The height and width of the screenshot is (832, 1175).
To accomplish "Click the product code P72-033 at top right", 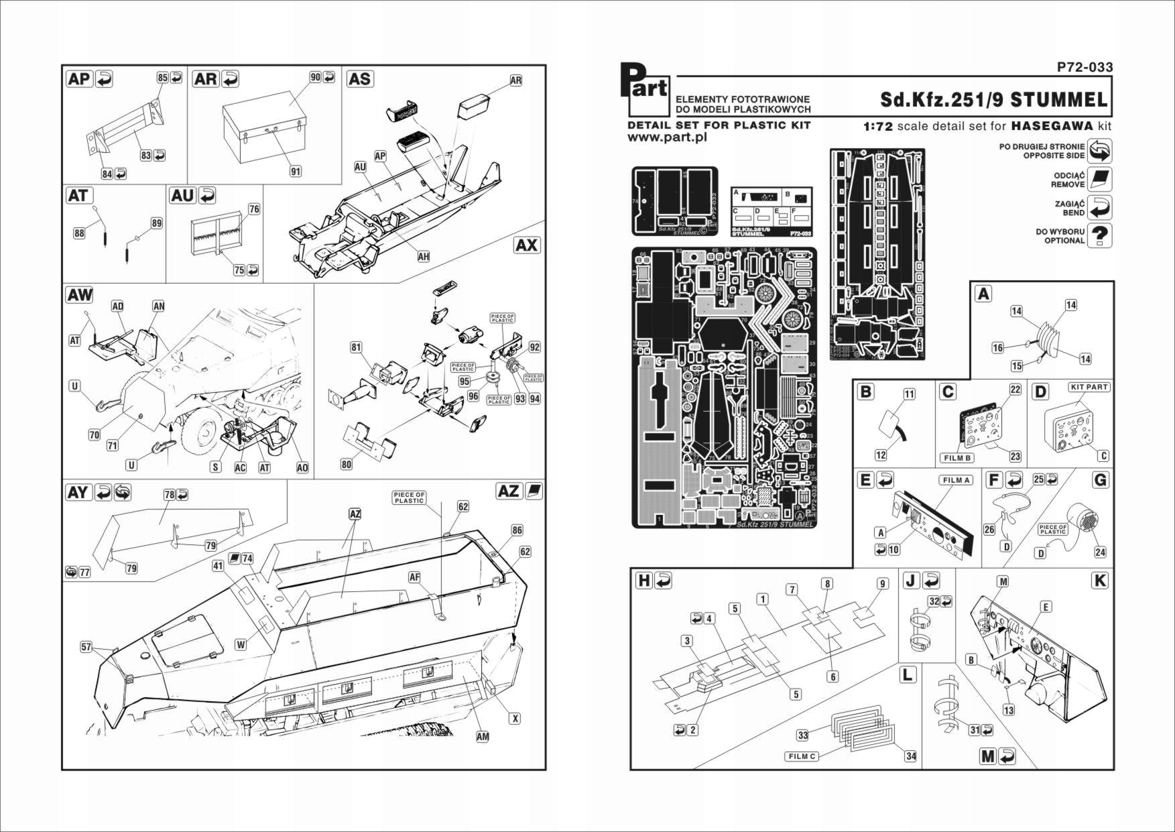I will (1085, 67).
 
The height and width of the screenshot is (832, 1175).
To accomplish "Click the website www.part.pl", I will (668, 137).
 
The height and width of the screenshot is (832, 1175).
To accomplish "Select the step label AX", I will (526, 245).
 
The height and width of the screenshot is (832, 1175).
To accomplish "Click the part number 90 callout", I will (315, 77).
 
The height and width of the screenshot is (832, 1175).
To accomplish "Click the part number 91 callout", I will (296, 171).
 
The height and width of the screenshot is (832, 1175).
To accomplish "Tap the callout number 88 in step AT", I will (79, 233).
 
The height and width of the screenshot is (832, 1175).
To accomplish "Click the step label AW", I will (80, 295).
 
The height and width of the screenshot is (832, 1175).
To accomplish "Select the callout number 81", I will (356, 347).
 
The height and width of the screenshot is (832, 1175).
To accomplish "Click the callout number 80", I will (346, 464).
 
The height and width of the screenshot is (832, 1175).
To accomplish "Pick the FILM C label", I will (802, 756).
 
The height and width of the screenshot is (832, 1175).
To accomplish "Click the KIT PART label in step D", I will (1089, 387).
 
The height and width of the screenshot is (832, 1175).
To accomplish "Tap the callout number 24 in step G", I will (1100, 552).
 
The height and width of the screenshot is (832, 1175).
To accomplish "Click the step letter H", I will (643, 581).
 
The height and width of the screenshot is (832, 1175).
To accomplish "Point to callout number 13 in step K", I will (1009, 710).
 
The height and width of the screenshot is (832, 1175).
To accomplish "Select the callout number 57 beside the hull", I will (86, 647).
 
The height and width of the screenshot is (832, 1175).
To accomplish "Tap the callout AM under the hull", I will (482, 736).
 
